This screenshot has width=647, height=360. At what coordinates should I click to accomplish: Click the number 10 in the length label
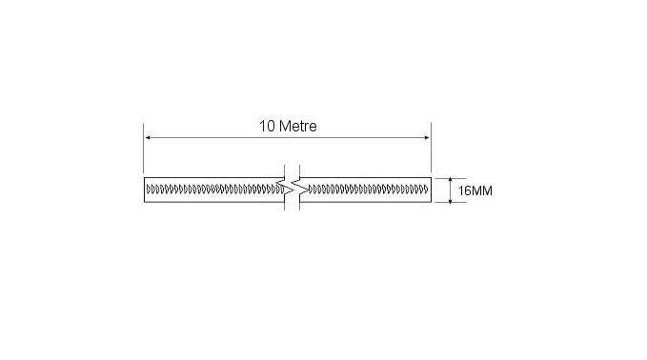pyautogui.click(x=267, y=126)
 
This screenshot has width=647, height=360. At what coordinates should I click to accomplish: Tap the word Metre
pyautogui.click(x=297, y=126)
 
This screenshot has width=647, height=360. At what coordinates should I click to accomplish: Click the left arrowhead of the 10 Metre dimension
pyautogui.click(x=149, y=139)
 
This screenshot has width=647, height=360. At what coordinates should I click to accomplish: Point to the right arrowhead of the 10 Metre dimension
pyautogui.click(x=427, y=139)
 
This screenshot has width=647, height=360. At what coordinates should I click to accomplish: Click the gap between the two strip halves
pyautogui.click(x=291, y=190)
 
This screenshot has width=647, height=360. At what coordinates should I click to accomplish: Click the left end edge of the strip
pyautogui.click(x=144, y=190)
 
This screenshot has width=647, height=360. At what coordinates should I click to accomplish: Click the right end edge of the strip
pyautogui.click(x=432, y=190)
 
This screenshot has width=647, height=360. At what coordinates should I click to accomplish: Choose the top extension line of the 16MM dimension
pyautogui.click(x=444, y=177)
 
